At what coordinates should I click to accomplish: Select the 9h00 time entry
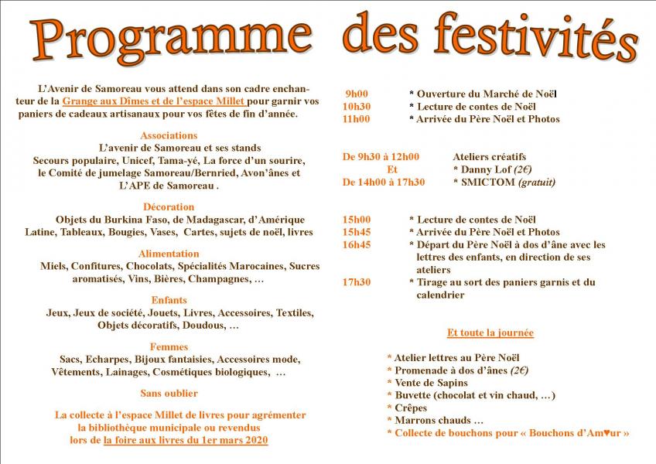357,94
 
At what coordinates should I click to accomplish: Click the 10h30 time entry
357,107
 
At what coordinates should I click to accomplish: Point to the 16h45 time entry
357,244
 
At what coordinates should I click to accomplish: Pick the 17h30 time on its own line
357,282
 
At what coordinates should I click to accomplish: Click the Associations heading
169,135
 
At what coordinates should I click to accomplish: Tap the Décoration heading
169,206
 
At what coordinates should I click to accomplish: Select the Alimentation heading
169,254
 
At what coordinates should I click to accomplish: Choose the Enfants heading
169,300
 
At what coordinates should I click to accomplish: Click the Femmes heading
169,347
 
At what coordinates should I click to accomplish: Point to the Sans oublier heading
169,394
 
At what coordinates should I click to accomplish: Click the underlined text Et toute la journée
490,333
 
